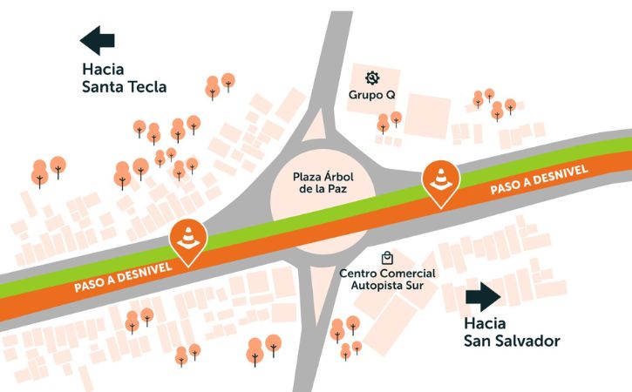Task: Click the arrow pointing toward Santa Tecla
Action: pos(98,40)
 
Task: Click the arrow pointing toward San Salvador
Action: pos(482,296)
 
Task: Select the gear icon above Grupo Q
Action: pos(372,78)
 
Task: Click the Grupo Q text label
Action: pos(372,94)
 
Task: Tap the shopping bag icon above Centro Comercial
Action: pos(387,258)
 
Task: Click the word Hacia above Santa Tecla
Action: pos(104,69)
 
